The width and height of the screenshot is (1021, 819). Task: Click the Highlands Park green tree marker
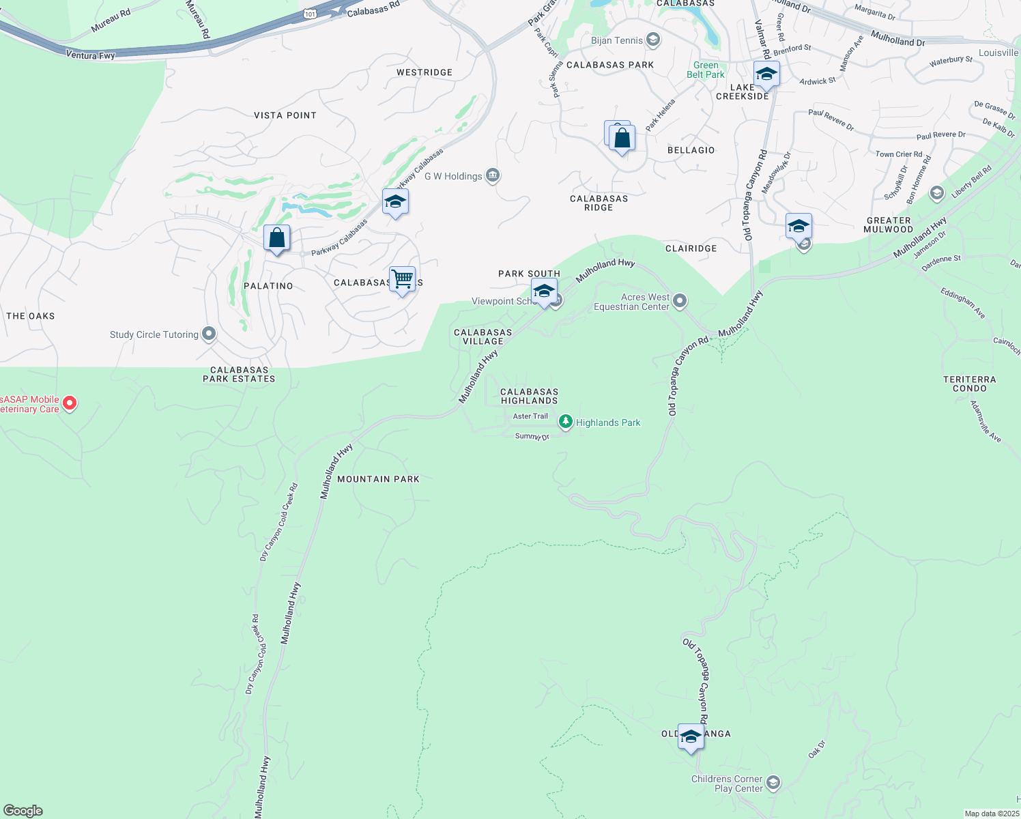(x=565, y=422)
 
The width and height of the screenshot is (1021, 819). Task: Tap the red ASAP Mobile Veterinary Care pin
(x=70, y=403)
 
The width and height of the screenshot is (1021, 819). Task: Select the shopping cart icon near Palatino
(x=403, y=278)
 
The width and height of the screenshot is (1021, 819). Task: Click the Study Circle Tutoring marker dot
(x=209, y=334)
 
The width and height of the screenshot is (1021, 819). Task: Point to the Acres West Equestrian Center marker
(x=679, y=300)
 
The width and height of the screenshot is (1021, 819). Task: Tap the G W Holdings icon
(x=493, y=175)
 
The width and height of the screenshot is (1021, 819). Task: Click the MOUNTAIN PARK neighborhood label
(x=378, y=479)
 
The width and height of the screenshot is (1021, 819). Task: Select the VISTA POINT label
(x=285, y=115)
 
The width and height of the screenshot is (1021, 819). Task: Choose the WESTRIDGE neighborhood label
(x=425, y=72)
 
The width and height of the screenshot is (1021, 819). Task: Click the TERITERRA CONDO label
(x=969, y=384)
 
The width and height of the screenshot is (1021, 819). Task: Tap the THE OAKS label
(x=31, y=316)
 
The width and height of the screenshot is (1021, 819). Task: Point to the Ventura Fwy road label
(x=90, y=55)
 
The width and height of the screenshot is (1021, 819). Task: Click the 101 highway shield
(x=311, y=13)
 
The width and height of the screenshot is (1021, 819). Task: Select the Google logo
(x=23, y=811)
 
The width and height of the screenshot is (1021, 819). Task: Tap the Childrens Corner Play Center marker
(x=773, y=782)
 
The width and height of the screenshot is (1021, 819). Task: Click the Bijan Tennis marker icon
(x=653, y=40)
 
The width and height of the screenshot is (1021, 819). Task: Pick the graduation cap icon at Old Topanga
(x=691, y=736)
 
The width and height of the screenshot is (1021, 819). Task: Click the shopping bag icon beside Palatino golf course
(x=277, y=238)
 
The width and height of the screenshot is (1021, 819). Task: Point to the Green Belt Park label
(x=706, y=70)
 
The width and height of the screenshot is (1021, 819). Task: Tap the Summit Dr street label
(x=532, y=436)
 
